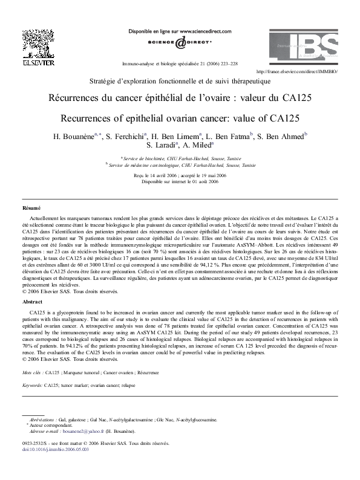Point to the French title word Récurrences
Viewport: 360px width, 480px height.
pyautogui.click(x=77, y=98)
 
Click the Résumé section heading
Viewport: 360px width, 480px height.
pyautogui.click(x=31, y=208)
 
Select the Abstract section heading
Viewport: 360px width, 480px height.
pyautogui.click(x=32, y=300)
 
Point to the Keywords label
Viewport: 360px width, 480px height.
pyautogui.click(x=32, y=384)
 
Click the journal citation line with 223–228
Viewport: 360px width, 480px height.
pyautogui.click(x=180, y=62)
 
